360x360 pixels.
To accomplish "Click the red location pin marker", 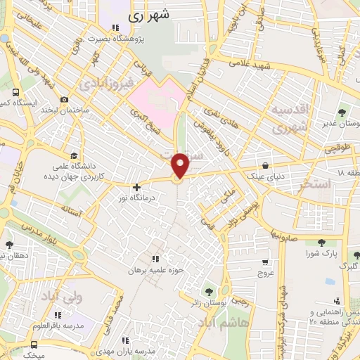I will tap(181, 165).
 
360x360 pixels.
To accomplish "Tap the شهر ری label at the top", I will tap(148, 13).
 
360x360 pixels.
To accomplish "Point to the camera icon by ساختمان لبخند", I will tap(64, 99).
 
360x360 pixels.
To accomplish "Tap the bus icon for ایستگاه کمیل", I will tap(15, 92).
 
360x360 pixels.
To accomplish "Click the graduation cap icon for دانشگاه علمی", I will tap(75, 156).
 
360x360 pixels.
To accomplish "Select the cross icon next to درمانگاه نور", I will tap(136, 187).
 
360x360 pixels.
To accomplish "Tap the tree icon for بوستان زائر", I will tap(207, 291).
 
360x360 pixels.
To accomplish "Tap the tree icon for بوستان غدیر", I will tap(342, 112).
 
